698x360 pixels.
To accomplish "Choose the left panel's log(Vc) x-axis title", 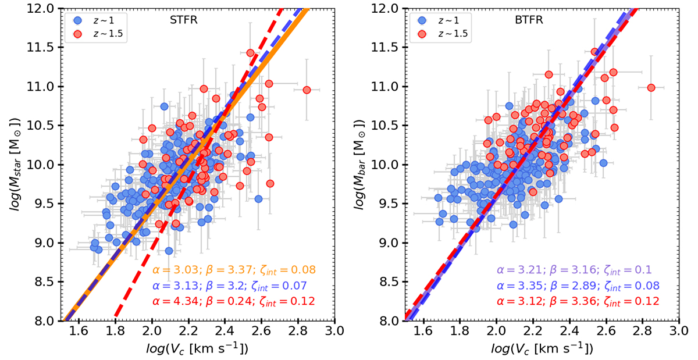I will tap(198, 348).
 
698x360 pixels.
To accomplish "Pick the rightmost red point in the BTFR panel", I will tap(651, 88).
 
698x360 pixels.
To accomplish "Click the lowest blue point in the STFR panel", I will tap(169, 251).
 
